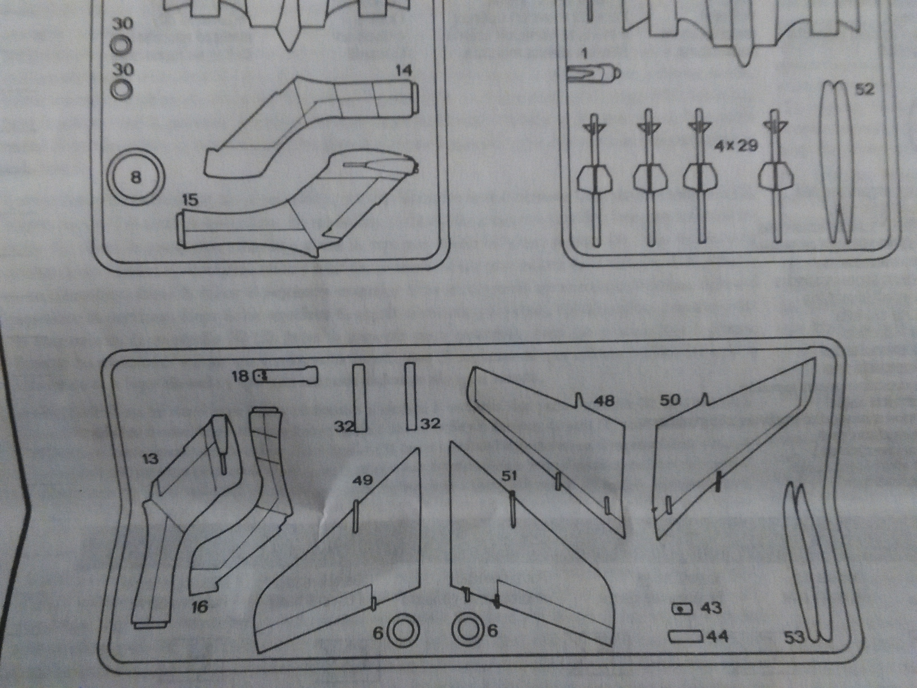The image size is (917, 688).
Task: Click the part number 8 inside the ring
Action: tap(136, 178)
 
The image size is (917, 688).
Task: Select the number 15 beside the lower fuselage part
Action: tap(190, 201)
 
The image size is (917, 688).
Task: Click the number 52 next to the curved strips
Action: tap(864, 89)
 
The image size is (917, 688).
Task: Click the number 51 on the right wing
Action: tap(509, 476)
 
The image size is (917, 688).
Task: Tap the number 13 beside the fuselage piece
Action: tap(150, 459)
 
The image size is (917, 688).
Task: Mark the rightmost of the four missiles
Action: tap(774, 178)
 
